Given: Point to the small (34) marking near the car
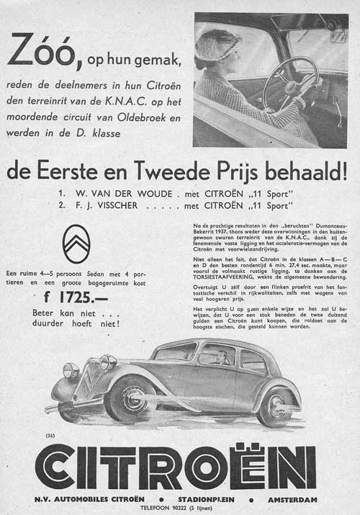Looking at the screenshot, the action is pyautogui.click(x=51, y=436).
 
